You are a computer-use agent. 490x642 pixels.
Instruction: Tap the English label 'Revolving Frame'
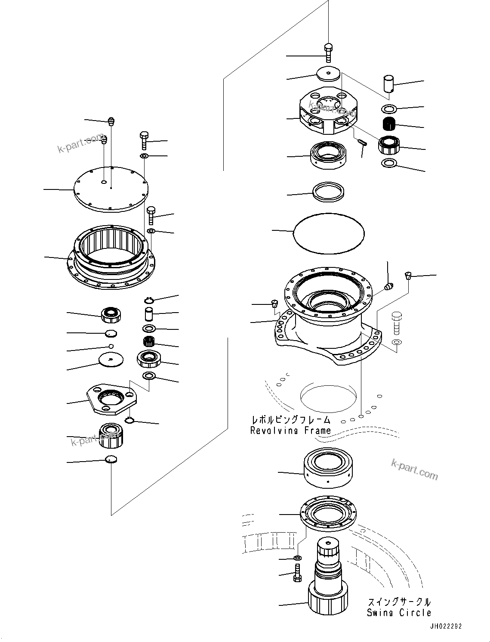click(291, 430)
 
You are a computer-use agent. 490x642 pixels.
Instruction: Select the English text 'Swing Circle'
click(399, 613)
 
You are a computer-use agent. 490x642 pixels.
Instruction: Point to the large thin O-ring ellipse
click(329, 233)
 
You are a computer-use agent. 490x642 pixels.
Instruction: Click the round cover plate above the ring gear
click(111, 189)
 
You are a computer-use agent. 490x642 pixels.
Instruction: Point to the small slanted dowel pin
click(361, 142)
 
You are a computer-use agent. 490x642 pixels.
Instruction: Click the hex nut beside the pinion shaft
click(297, 558)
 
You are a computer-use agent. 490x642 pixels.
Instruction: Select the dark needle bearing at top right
click(389, 124)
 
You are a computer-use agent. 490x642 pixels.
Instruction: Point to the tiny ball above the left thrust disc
click(111, 347)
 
